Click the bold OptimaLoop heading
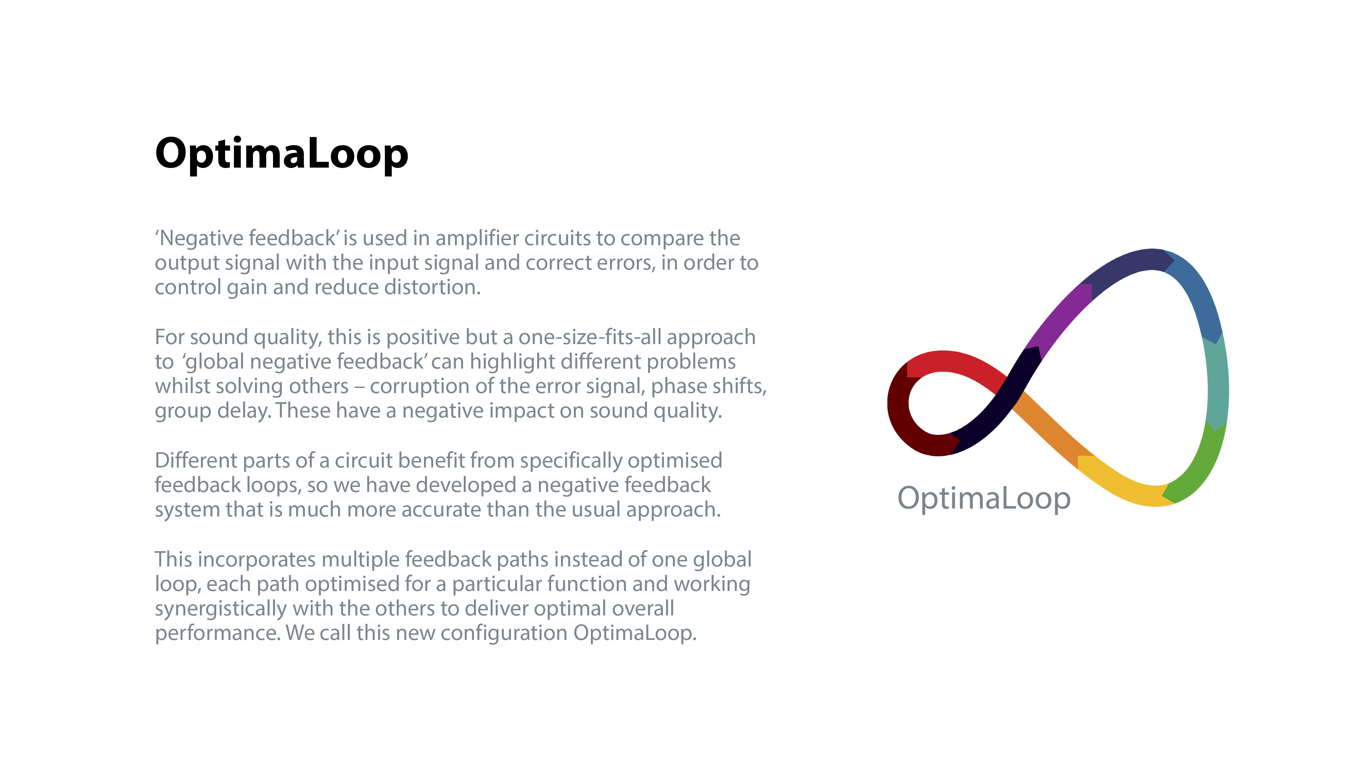coord(282,154)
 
